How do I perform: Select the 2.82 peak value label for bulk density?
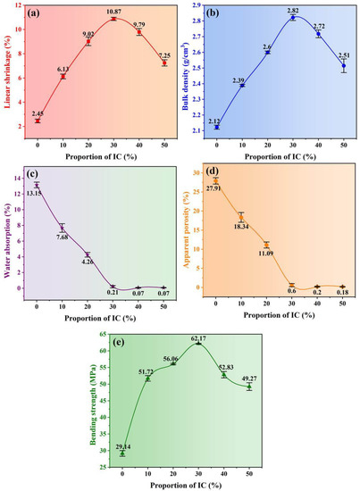tap(292, 11)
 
